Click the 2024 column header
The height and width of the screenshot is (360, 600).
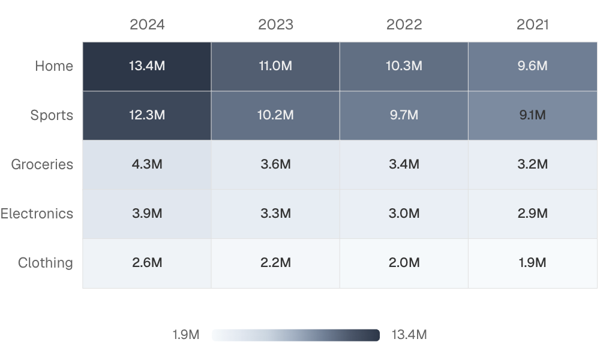click(147, 25)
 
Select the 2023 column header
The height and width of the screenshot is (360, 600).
click(275, 25)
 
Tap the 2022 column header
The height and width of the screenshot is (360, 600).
click(404, 25)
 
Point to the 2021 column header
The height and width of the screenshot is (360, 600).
click(532, 25)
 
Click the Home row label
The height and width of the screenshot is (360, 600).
click(54, 66)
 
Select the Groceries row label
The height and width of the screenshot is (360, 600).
click(42, 164)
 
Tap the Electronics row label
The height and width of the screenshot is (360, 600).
click(37, 214)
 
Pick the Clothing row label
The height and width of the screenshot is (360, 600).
click(46, 263)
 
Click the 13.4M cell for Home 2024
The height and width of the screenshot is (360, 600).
click(147, 67)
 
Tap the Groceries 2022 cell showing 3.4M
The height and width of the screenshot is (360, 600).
click(404, 165)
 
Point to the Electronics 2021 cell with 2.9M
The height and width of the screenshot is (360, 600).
click(533, 214)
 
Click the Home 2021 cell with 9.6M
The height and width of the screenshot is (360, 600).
click(533, 67)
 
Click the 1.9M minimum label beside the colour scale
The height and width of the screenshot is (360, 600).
click(186, 335)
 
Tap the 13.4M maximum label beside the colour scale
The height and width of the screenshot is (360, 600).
click(409, 335)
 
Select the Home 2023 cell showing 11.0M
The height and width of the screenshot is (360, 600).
click(275, 67)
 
